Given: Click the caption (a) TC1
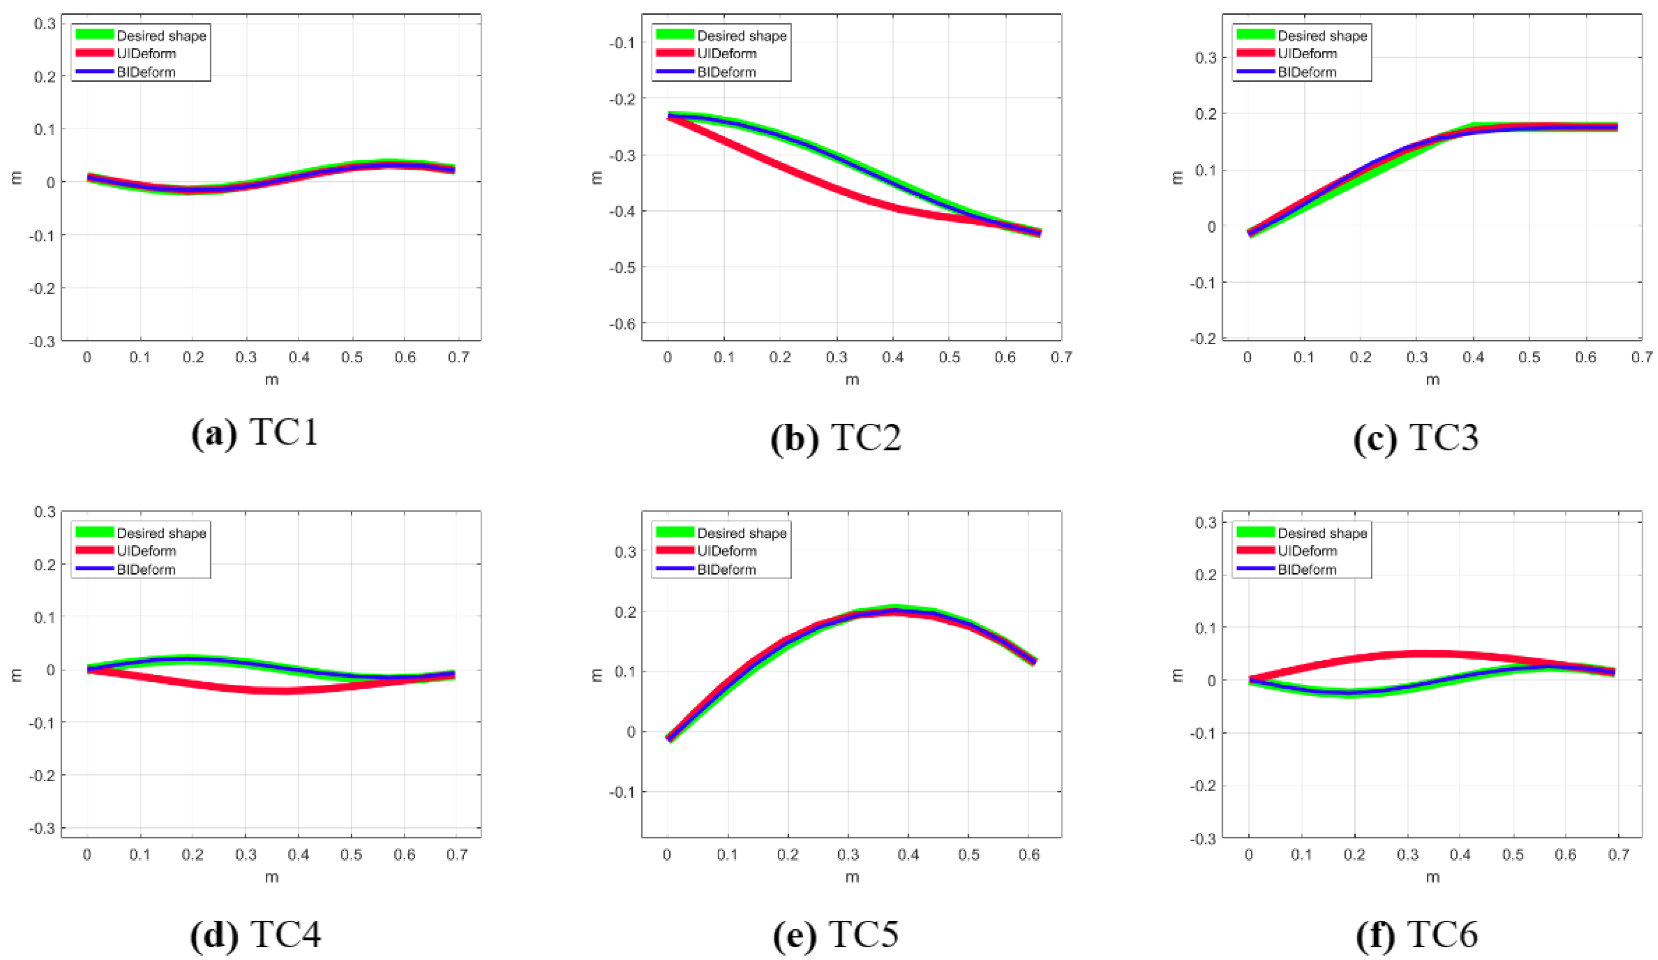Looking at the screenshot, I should (x=255, y=434).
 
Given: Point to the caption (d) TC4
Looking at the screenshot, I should (x=255, y=934).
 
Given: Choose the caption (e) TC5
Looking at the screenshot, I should (x=836, y=934).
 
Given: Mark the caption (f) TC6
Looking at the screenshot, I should (x=1416, y=934).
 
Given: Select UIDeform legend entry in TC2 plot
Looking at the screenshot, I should (x=726, y=54).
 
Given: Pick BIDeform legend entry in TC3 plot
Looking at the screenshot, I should (x=1307, y=72).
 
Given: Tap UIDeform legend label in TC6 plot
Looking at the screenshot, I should (x=1307, y=551).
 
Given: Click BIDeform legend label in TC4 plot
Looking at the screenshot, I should (x=146, y=570).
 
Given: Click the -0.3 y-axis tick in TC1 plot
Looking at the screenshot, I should (x=42, y=341).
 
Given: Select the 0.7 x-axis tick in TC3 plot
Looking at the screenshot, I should (x=1641, y=358).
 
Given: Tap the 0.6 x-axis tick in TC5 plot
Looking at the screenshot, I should (x=1029, y=855).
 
